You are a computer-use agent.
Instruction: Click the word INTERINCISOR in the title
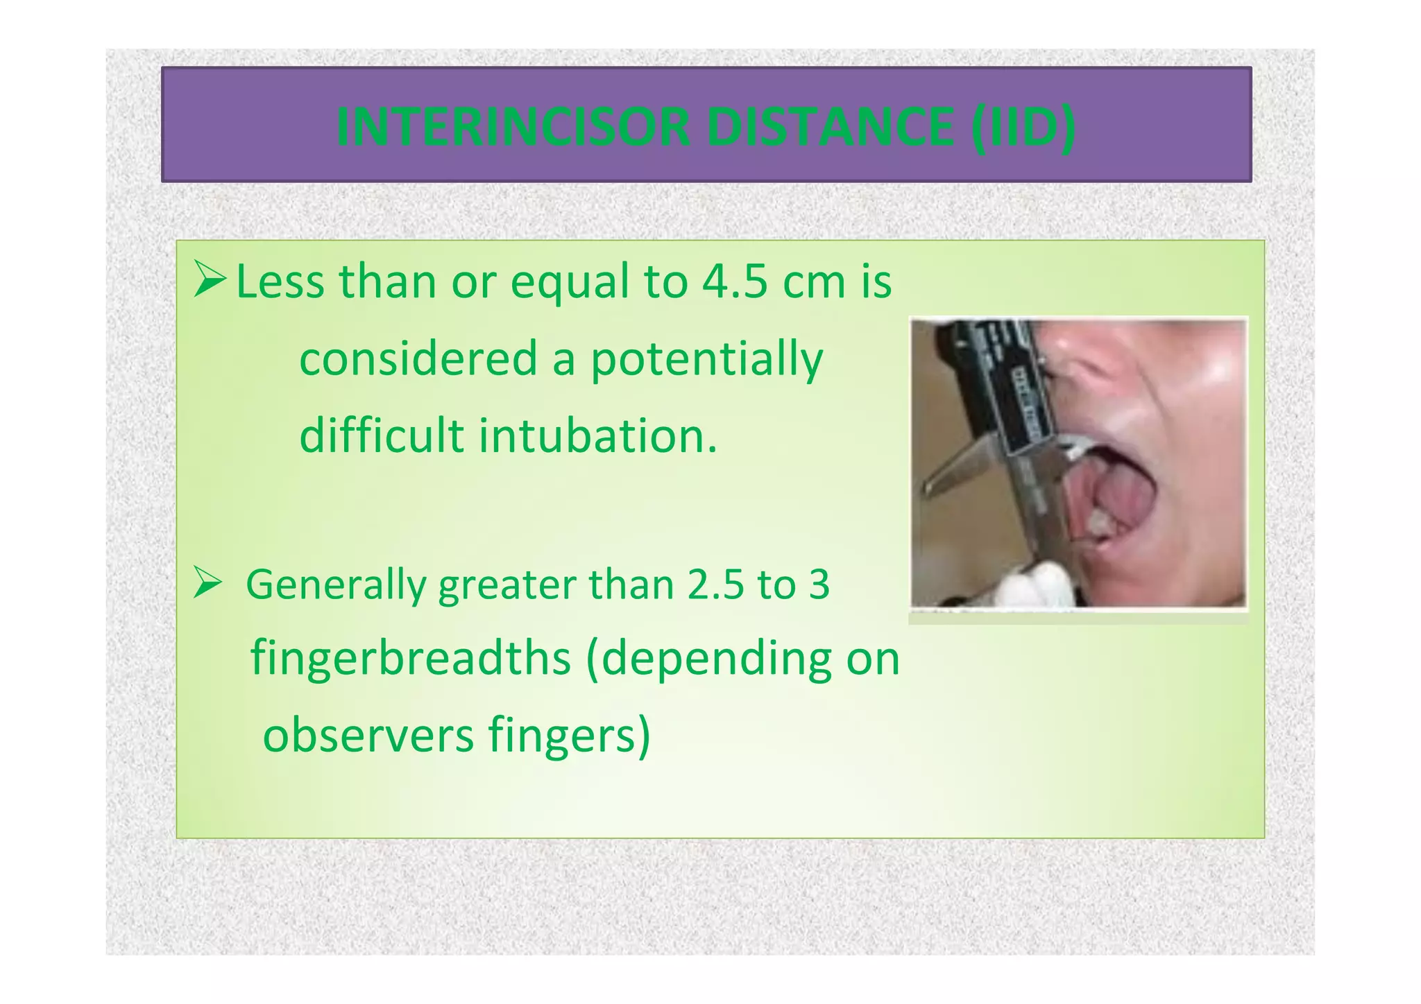click(513, 127)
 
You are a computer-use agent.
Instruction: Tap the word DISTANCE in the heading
click(830, 127)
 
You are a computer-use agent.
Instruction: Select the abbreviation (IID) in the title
click(1023, 127)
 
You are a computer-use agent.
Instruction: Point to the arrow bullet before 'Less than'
click(210, 279)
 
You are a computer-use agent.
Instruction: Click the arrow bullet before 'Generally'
click(207, 582)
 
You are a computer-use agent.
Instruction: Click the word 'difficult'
click(381, 437)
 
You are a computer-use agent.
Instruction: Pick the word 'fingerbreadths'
click(410, 658)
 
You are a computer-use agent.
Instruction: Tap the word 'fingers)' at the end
click(569, 735)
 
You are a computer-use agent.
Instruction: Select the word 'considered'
click(418, 359)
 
